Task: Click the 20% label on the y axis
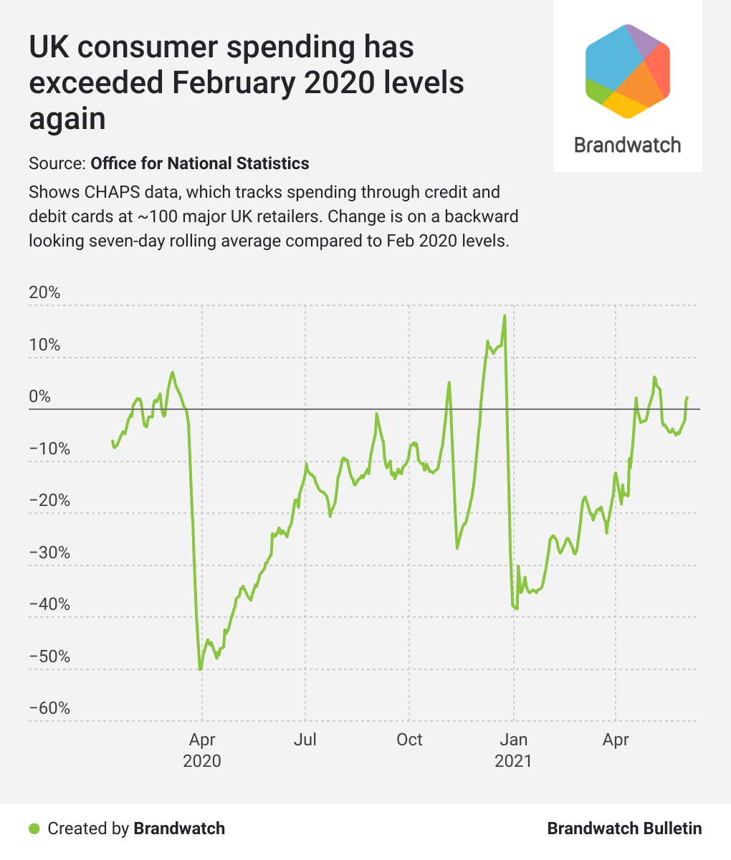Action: point(44,293)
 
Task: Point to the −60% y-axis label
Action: point(49,708)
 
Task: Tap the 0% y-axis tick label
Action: point(40,397)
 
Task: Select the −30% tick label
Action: point(49,553)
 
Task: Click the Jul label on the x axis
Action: point(305,740)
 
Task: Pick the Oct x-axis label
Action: point(409,740)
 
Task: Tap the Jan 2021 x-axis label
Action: point(513,750)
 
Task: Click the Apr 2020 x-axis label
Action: point(202,750)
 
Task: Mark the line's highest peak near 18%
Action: point(505,315)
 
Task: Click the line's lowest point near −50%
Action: point(201,669)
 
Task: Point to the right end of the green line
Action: point(687,397)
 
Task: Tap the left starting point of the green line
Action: point(113,441)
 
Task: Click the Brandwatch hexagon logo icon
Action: point(628,70)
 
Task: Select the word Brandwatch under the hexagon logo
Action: point(628,145)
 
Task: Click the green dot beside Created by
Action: point(34,829)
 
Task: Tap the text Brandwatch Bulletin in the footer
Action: point(624,829)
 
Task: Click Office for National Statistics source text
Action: point(200,163)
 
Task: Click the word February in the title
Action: point(233,83)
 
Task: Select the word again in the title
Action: point(67,118)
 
